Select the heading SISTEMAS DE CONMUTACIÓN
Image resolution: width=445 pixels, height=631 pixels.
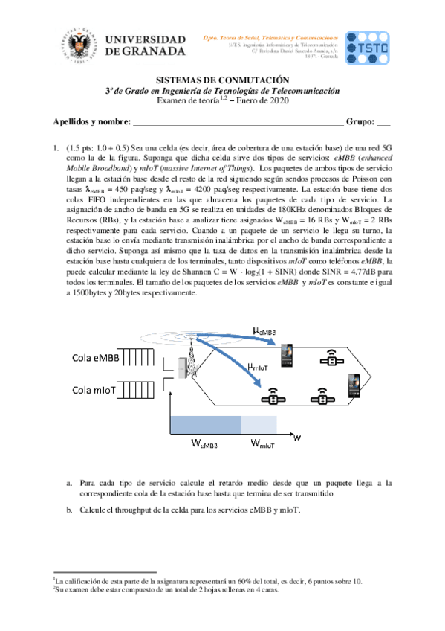click(x=221, y=80)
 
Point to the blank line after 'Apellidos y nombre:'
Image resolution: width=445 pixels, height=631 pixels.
click(x=237, y=124)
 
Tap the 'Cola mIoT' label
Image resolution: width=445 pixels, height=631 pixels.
click(x=95, y=389)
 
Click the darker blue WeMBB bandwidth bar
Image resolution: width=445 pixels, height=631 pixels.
click(x=206, y=425)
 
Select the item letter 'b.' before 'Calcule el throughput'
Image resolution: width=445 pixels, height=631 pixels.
click(x=69, y=510)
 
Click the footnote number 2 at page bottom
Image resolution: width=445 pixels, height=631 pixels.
click(x=54, y=586)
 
